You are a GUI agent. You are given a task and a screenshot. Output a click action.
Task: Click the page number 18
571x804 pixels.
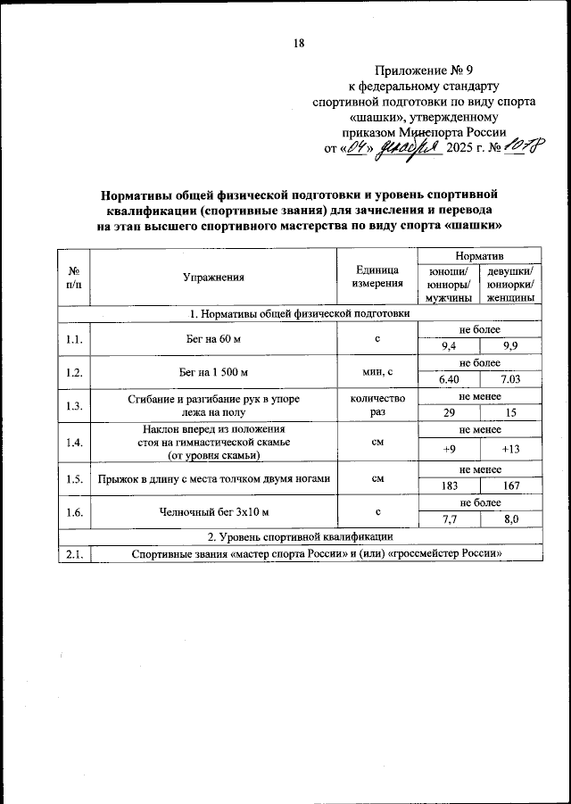click(x=299, y=43)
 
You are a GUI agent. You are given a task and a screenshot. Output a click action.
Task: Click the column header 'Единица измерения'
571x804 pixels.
click(x=377, y=277)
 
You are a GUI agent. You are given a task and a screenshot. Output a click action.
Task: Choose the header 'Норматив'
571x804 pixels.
click(x=480, y=255)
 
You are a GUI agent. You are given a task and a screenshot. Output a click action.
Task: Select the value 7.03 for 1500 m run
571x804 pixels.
click(x=511, y=381)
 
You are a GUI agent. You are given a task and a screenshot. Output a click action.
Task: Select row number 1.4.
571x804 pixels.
click(x=74, y=442)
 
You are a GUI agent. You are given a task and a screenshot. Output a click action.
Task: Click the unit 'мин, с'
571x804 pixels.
click(x=377, y=372)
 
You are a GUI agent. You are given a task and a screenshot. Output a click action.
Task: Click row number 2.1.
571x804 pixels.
click(x=74, y=554)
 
